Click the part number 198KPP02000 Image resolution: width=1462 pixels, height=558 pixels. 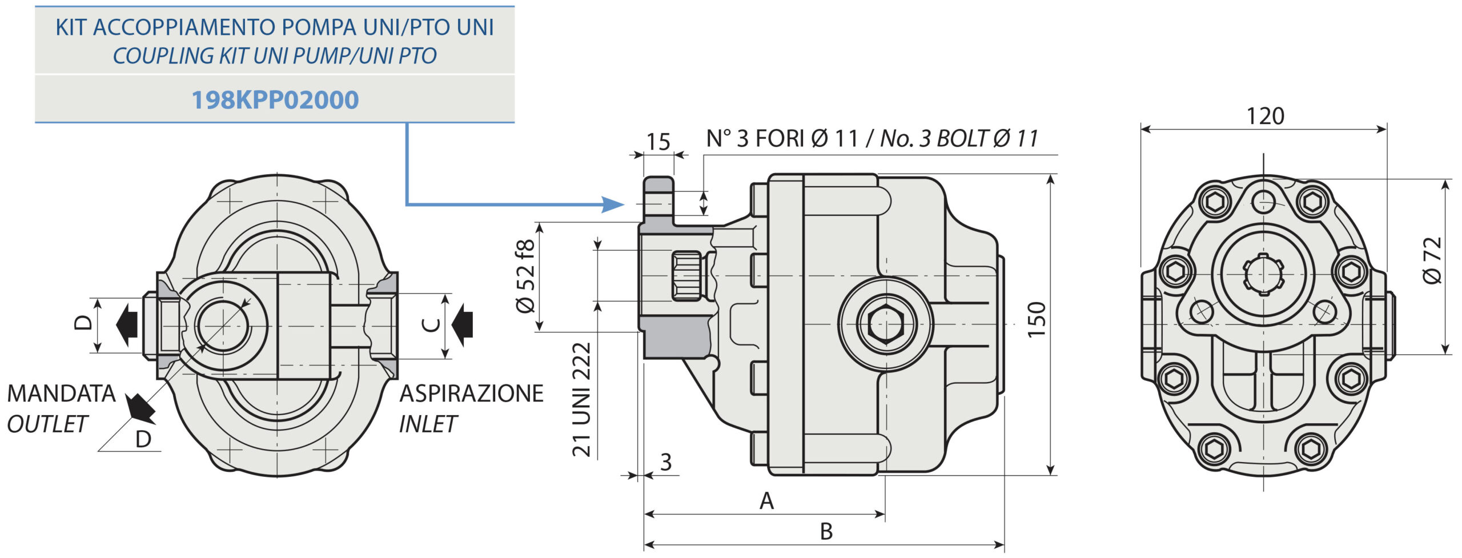point(275,100)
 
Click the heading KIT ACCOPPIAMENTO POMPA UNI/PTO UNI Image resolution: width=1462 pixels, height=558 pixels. point(275,27)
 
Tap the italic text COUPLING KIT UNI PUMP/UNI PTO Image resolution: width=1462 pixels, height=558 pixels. point(275,56)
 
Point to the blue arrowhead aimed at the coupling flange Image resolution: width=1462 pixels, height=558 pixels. point(613,204)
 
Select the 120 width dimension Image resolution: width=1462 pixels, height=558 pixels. point(1265,116)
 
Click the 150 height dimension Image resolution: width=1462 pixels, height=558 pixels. point(1036,319)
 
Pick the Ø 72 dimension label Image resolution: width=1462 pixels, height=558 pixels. point(1432,260)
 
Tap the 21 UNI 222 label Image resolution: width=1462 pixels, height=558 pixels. point(581,399)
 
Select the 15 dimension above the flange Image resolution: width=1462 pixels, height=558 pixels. point(658,142)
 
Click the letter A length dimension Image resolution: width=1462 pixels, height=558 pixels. point(766,501)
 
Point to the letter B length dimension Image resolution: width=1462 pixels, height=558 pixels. point(826,531)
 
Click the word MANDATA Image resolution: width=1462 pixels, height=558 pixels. point(62,394)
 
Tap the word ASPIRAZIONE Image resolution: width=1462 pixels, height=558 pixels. point(471,394)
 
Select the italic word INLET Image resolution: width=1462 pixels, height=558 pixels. point(428,424)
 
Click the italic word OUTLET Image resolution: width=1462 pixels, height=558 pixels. point(47,424)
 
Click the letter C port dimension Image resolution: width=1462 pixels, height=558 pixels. point(431,325)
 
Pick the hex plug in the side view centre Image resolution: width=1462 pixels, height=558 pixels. point(886,324)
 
